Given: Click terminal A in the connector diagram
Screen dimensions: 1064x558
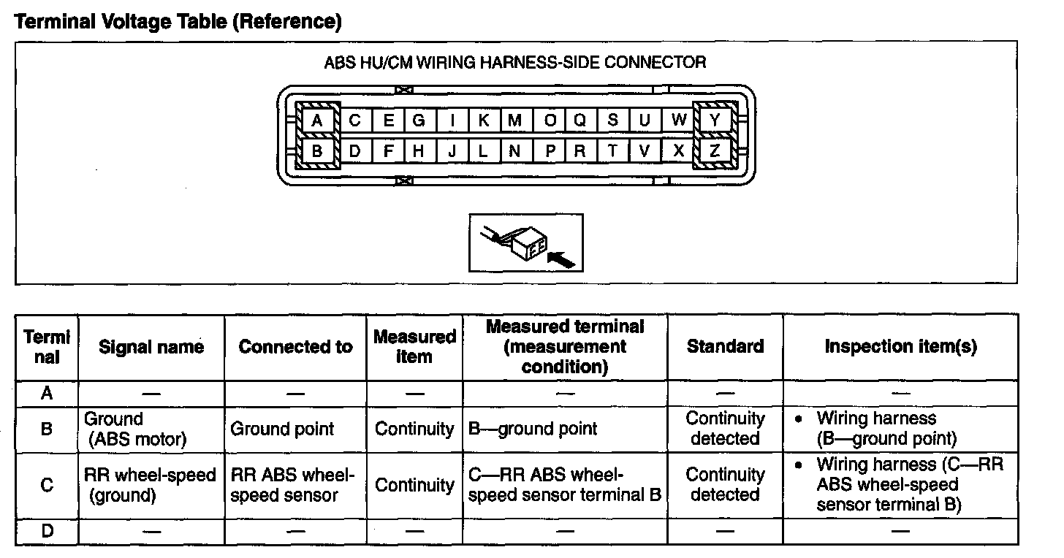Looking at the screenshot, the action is (x=317, y=121).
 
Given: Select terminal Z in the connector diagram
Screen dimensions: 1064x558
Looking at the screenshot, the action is (x=715, y=150).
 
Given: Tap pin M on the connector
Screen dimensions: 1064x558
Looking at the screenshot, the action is (x=515, y=121).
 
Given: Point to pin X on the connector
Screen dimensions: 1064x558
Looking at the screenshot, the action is (x=678, y=150).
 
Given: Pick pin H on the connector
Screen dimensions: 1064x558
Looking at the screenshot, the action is (x=419, y=150).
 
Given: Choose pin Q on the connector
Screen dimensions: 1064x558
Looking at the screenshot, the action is (x=580, y=121).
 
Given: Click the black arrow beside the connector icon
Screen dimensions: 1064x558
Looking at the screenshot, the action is (x=561, y=260).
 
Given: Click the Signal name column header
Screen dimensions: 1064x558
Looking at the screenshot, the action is (x=151, y=347).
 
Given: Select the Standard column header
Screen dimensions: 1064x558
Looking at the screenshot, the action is (x=725, y=346).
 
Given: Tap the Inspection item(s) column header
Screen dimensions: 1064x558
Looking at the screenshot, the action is (x=900, y=346).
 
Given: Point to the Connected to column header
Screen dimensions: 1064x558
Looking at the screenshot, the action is (x=295, y=347).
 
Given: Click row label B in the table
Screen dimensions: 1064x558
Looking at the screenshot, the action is (x=47, y=429).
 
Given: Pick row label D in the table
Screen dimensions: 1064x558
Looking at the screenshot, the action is (x=47, y=530).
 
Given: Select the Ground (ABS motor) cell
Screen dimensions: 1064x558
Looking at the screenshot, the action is (x=135, y=429).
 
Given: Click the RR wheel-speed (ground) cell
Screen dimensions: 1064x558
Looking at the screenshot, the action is (x=150, y=485).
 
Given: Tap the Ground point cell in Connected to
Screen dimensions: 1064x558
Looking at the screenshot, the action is (x=282, y=429).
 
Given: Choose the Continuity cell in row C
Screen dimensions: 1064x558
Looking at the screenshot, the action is (x=414, y=485).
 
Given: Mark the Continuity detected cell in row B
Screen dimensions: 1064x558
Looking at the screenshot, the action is (x=725, y=428).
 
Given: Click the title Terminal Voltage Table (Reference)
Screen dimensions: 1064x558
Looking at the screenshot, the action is (x=178, y=21).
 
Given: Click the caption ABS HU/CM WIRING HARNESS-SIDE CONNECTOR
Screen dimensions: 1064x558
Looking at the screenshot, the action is (x=515, y=62).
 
